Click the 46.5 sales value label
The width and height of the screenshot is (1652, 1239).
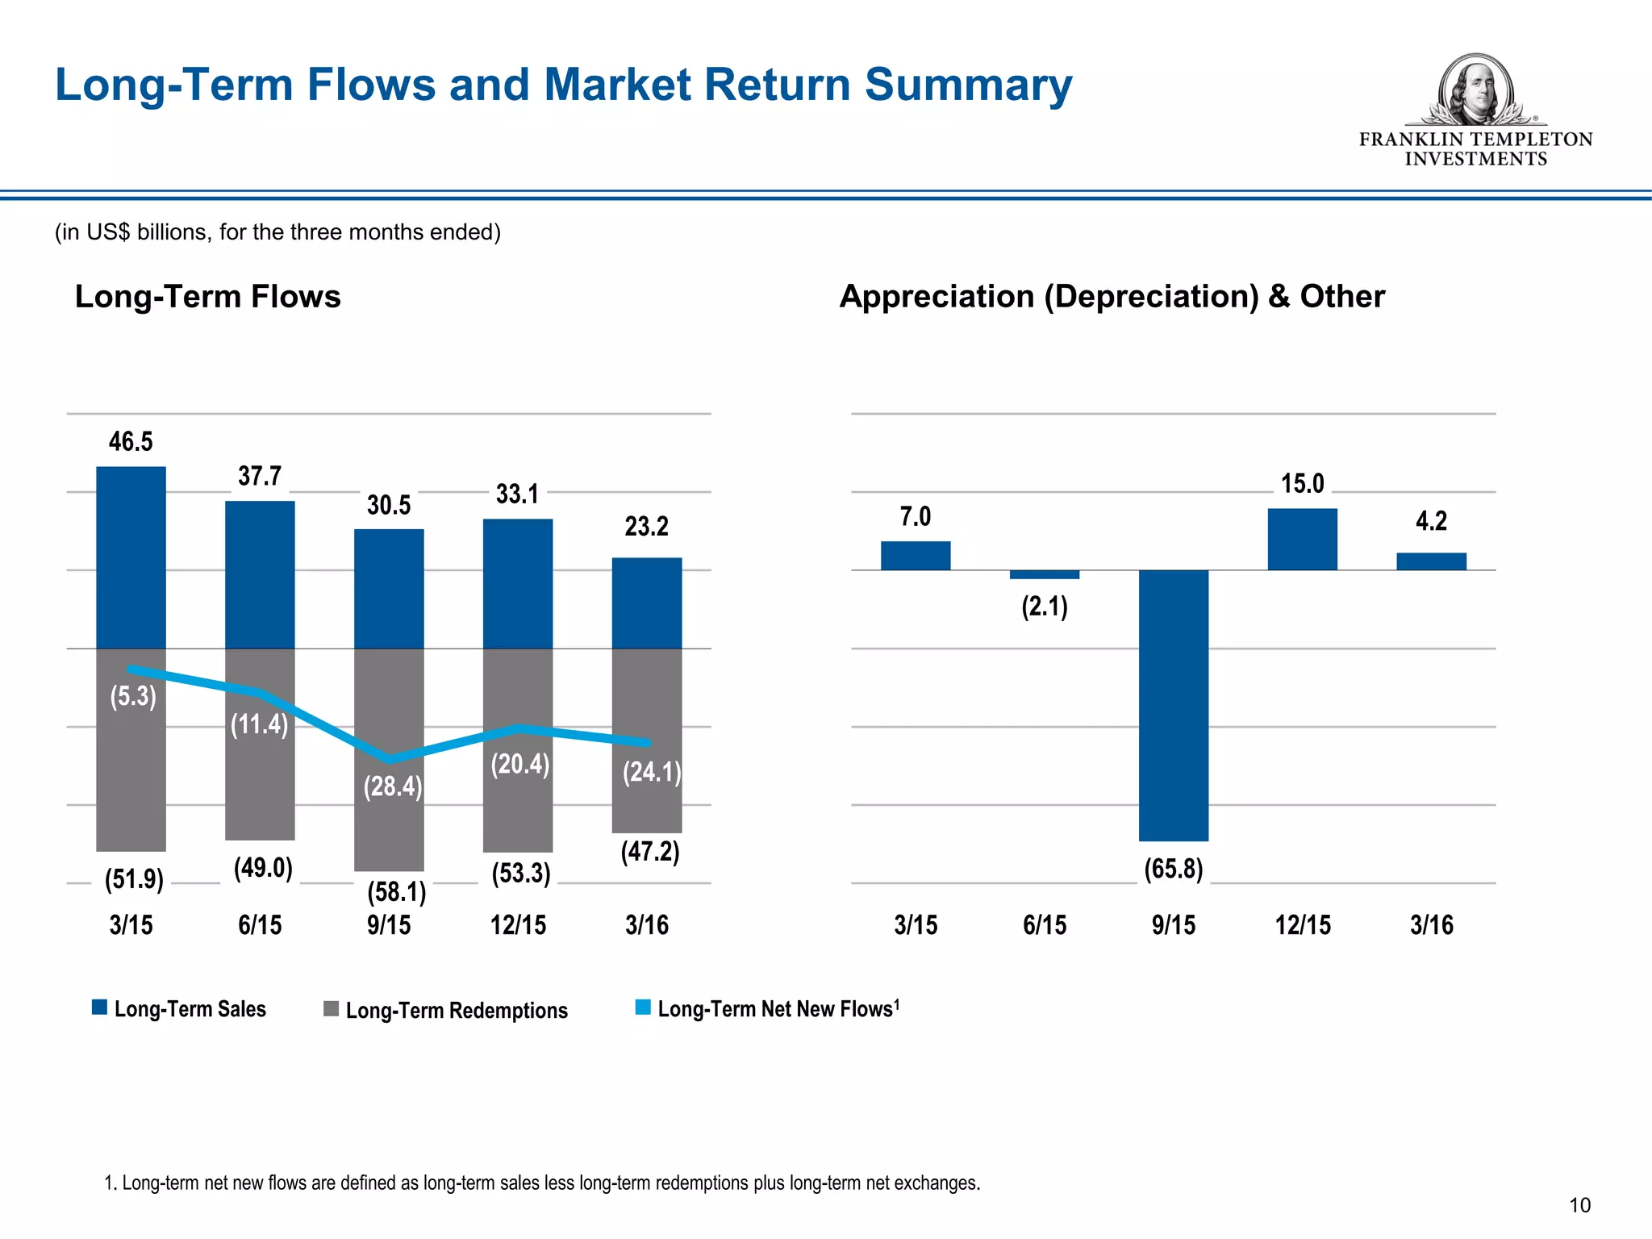(x=131, y=441)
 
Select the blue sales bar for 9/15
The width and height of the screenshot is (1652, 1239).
(x=389, y=589)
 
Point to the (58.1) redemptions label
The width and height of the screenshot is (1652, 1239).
(x=396, y=891)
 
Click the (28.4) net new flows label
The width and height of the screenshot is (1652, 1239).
(x=392, y=786)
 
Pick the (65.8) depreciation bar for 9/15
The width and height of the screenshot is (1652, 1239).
(x=1173, y=706)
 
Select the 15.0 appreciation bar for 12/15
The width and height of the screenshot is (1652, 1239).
(x=1302, y=539)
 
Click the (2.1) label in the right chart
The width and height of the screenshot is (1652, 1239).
(x=1044, y=606)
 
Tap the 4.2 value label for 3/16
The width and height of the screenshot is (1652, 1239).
(x=1431, y=521)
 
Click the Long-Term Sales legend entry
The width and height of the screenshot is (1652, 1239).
(x=179, y=1008)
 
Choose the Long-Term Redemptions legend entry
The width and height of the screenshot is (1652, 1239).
(x=446, y=1010)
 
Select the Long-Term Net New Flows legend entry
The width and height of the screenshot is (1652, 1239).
(x=768, y=1008)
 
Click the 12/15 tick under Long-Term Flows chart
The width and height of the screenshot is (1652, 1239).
(x=518, y=924)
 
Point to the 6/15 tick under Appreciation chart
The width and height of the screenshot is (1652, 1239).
(x=1044, y=924)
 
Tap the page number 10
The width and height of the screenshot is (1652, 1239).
(x=1579, y=1205)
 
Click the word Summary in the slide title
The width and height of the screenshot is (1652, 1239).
(x=968, y=85)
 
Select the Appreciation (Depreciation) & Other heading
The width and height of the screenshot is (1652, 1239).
(x=1112, y=296)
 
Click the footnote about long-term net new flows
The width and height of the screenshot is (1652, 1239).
(x=542, y=1183)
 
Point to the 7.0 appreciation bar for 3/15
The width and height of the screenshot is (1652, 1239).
(x=915, y=556)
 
